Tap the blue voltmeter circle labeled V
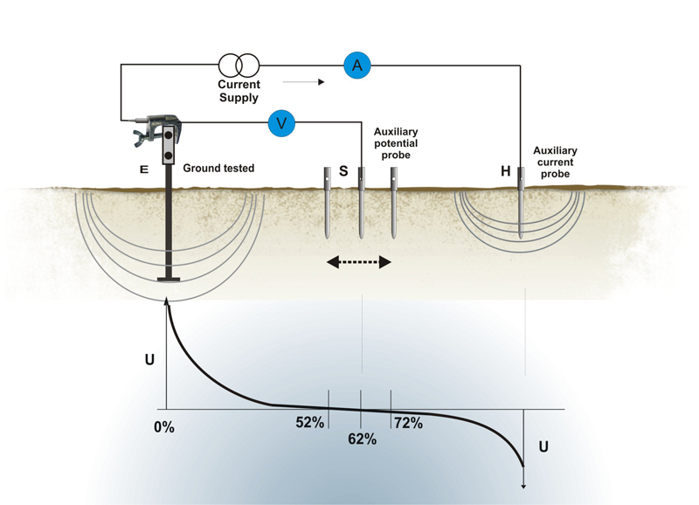(x=281, y=123)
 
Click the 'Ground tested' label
(x=218, y=168)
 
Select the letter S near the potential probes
(x=343, y=172)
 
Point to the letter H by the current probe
(x=505, y=171)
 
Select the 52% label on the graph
(x=309, y=423)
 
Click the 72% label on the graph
(x=408, y=423)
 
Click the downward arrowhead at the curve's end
(x=523, y=487)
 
